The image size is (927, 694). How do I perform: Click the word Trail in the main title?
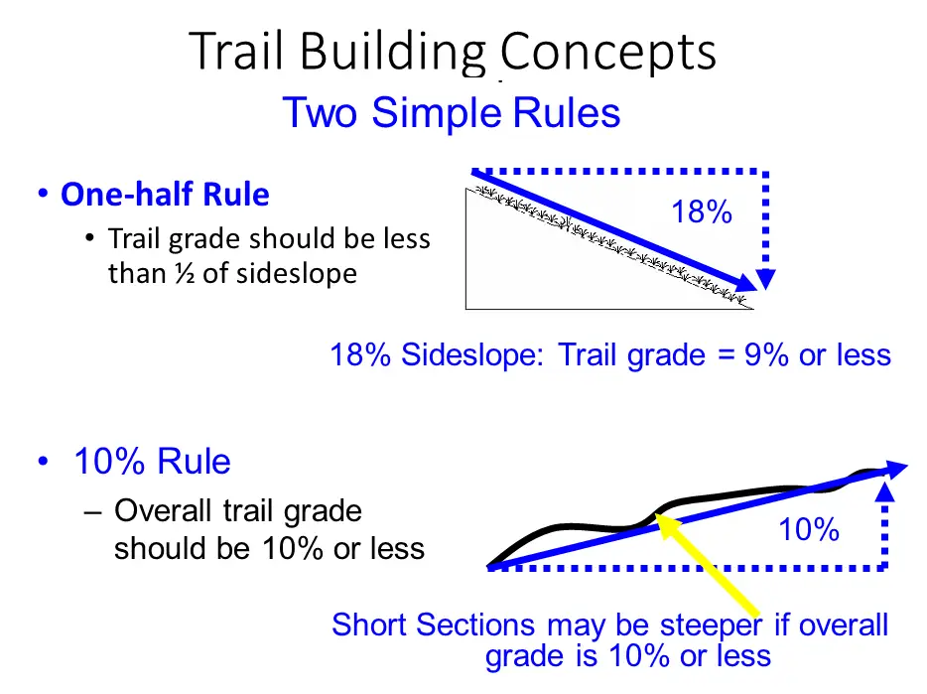point(236,52)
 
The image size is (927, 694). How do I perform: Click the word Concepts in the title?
point(608,54)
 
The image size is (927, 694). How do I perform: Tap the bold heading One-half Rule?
point(165,194)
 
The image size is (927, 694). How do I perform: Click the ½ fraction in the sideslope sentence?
point(185,273)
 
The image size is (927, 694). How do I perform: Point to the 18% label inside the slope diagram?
point(702,211)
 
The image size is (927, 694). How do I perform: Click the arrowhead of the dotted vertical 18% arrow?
point(765,279)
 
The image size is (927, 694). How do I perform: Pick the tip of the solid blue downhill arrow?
point(756,290)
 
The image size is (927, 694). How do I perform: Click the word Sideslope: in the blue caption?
point(472,355)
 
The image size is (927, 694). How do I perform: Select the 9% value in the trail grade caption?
point(766,355)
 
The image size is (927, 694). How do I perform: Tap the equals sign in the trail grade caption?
point(725,355)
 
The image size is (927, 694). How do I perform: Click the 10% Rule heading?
point(152,461)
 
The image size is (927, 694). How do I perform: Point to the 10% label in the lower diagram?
point(809,529)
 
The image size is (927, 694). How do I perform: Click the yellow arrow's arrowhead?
point(665,524)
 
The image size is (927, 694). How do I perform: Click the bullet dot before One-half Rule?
point(43,194)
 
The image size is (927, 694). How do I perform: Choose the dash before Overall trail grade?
point(93,511)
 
